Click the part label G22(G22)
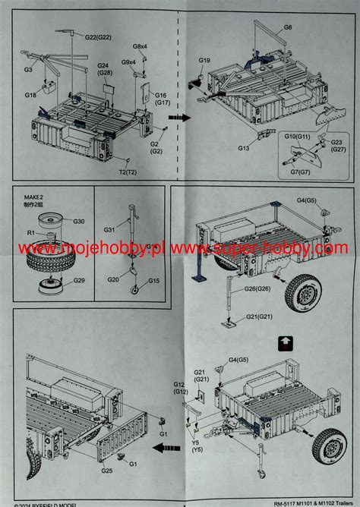pos(99,36)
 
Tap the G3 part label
pos(28,69)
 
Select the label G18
pos(30,95)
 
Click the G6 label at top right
pos(288,27)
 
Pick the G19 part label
pos(204,60)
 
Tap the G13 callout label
pos(244,149)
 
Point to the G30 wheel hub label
pos(79,221)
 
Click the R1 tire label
pos(31,231)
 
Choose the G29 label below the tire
pos(78,281)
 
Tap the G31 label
pos(109,230)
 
